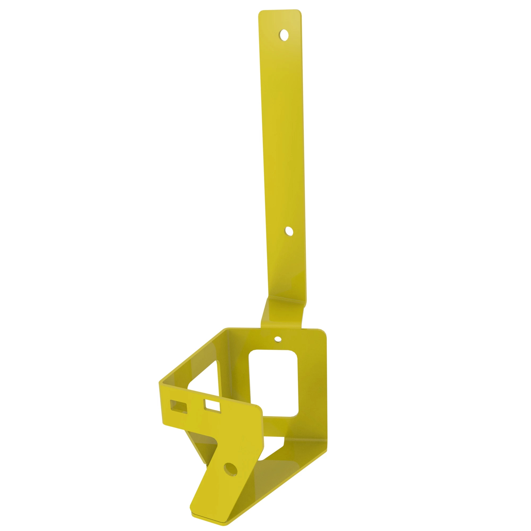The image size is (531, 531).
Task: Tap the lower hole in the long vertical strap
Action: (x=289, y=232)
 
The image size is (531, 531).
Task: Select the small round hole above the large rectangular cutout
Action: (x=278, y=339)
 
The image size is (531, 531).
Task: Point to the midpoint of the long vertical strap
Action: (x=283, y=154)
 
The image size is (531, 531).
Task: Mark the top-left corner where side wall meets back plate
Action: (x=227, y=330)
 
